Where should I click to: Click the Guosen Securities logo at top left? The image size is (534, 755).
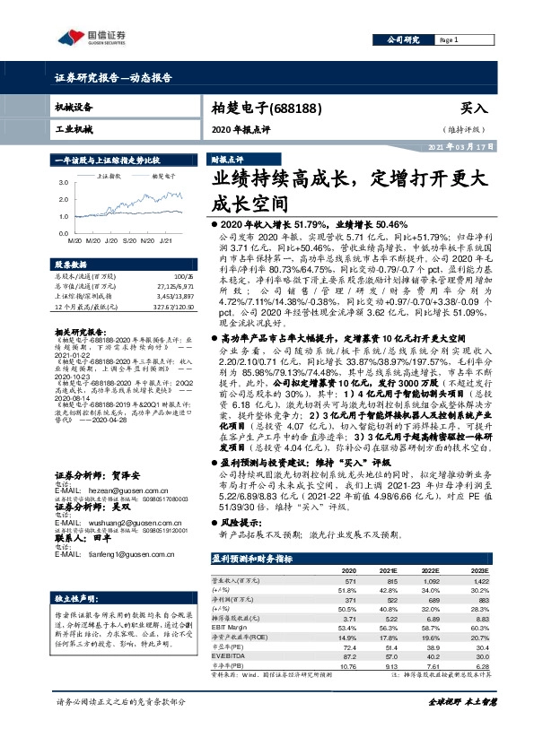tap(92, 38)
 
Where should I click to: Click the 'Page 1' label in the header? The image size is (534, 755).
tap(449, 41)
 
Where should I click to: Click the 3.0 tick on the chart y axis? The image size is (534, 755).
tap(63, 183)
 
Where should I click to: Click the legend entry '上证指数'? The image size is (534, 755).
tap(109, 177)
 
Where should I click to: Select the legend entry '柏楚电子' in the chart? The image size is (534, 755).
tap(162, 177)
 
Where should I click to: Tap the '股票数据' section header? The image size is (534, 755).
tap(70, 265)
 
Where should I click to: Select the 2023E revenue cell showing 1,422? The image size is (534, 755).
tap(481, 580)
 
